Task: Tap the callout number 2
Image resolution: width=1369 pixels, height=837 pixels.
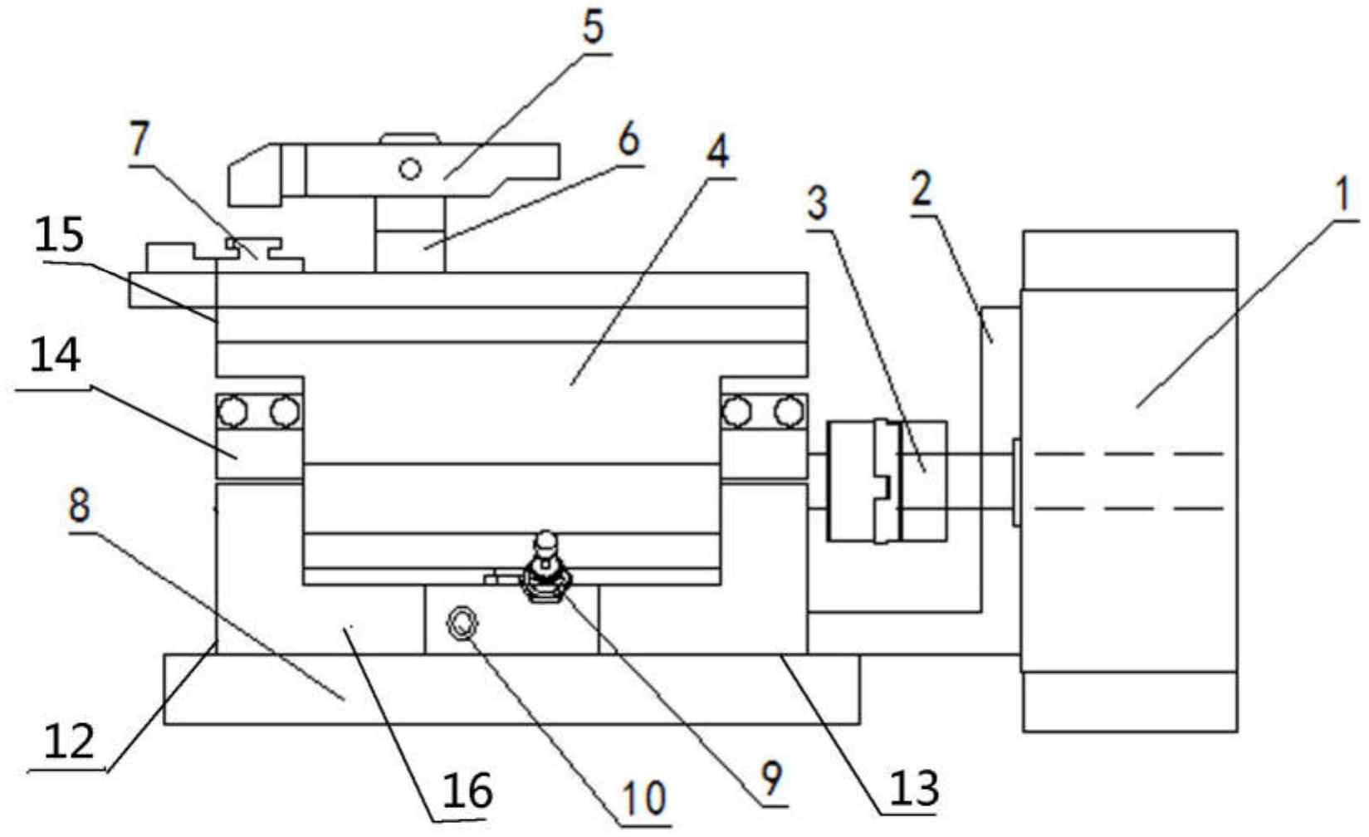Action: coord(921,190)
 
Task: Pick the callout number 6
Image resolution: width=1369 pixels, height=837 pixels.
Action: coord(628,140)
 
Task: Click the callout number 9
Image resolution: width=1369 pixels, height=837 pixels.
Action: coord(771,779)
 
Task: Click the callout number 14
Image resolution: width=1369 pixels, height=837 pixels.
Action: coord(56,356)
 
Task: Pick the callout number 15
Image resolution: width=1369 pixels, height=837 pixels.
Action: coord(61,236)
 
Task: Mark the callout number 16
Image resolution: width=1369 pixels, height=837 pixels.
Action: coord(467,789)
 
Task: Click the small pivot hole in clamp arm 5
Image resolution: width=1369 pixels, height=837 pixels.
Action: coord(409,169)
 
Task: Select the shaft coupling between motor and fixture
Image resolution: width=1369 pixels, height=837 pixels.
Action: coord(887,482)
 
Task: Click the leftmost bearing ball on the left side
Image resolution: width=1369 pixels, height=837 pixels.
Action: coord(232,410)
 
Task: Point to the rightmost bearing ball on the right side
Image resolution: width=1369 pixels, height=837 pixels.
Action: coord(788,410)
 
